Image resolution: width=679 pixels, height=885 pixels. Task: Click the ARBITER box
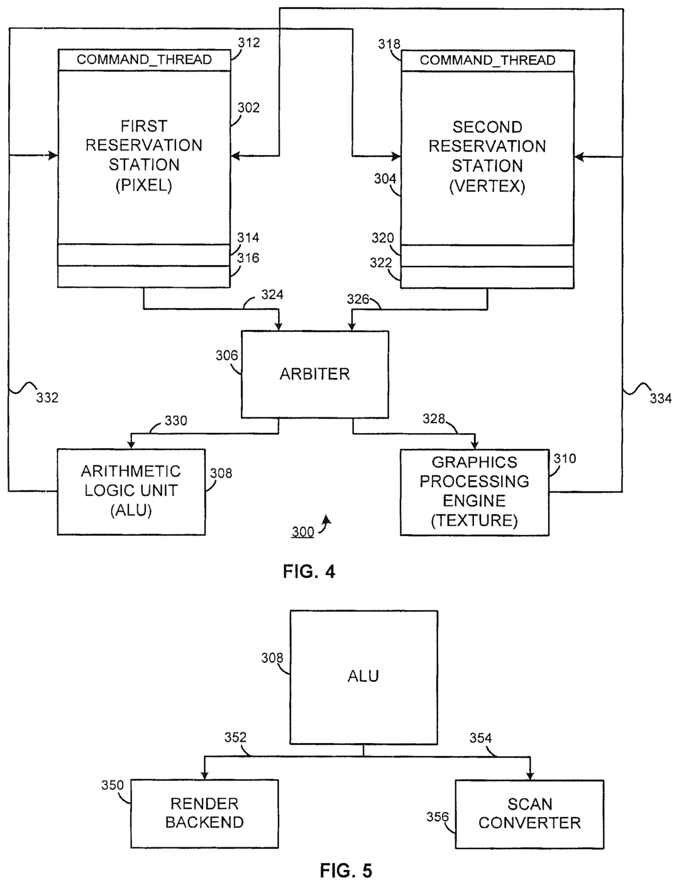click(x=314, y=374)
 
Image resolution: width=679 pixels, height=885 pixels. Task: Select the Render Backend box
click(x=204, y=813)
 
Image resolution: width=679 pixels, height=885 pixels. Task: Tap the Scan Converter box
click(x=529, y=813)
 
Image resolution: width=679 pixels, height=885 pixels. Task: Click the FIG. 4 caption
click(x=309, y=571)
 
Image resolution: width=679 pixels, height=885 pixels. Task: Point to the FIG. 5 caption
click(x=346, y=871)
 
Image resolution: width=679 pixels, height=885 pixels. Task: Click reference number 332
click(x=47, y=397)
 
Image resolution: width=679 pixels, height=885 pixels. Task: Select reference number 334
click(x=660, y=398)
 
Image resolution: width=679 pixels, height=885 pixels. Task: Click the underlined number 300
click(x=302, y=532)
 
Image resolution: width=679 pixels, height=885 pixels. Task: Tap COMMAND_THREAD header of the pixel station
click(x=144, y=60)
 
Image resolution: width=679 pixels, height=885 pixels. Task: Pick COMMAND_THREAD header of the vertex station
click(x=487, y=60)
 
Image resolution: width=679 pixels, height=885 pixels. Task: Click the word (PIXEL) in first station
click(x=144, y=185)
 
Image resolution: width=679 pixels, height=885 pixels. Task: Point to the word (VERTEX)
click(x=487, y=187)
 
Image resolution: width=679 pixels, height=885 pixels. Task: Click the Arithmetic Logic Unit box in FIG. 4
click(x=131, y=491)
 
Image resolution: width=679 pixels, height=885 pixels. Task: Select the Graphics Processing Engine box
click(x=475, y=492)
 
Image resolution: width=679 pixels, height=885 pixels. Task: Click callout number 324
click(x=272, y=294)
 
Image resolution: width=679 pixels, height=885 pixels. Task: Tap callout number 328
click(x=434, y=419)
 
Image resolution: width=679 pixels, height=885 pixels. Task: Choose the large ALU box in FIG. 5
click(x=363, y=676)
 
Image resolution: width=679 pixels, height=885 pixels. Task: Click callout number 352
click(x=235, y=737)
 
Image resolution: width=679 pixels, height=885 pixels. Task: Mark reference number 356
click(x=438, y=817)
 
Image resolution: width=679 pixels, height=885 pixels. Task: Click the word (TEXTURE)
click(x=474, y=520)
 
